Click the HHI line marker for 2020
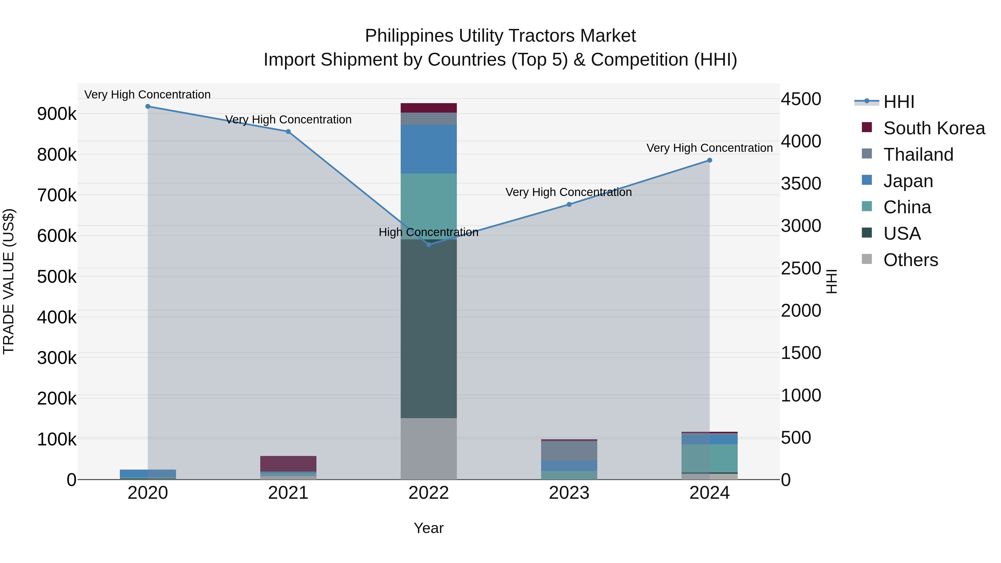point(148,106)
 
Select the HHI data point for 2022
point(428,244)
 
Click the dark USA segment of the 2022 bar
point(428,328)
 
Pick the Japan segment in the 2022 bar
point(428,149)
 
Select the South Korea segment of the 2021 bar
point(288,463)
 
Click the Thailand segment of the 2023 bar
point(569,451)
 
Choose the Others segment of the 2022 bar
point(428,449)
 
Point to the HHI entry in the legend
point(899,102)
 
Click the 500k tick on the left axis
point(57,277)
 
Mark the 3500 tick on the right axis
point(801,184)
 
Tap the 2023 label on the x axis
point(569,493)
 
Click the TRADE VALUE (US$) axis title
point(9,281)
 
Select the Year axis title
point(428,528)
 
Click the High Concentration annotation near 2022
point(428,232)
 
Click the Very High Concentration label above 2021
point(288,120)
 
